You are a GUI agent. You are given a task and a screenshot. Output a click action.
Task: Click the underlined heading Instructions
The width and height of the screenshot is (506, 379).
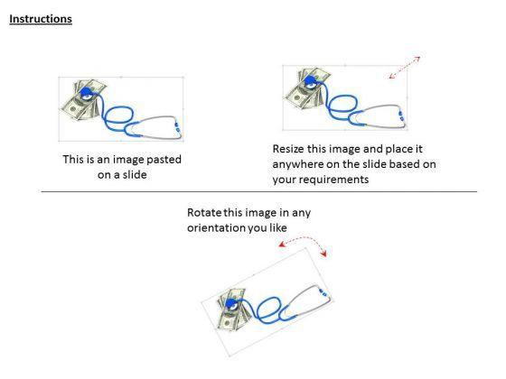[x=41, y=19]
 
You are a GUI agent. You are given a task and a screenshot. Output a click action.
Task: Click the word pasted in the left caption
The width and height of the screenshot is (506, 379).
[x=164, y=160]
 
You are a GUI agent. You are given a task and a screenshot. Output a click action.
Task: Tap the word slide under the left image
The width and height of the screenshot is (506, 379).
[x=135, y=175]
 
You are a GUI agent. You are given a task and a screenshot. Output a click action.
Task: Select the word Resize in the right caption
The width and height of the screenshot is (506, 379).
[x=288, y=149]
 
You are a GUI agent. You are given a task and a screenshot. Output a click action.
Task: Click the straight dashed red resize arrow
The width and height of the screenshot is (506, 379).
[x=405, y=68]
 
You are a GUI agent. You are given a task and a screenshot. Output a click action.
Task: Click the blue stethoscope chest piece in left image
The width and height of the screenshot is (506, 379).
[x=86, y=93]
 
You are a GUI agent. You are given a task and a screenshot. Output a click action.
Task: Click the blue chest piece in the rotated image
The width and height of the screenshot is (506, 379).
[x=231, y=303]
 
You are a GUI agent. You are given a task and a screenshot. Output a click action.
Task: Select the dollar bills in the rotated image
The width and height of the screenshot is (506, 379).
[x=231, y=309]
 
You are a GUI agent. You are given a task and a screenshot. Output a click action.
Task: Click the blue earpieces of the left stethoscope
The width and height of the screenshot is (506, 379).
[x=177, y=127]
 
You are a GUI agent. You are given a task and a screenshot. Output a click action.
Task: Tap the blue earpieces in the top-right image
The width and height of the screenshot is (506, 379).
[x=401, y=116]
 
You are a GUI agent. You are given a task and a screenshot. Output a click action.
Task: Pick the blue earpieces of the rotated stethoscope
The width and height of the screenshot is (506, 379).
[x=323, y=292]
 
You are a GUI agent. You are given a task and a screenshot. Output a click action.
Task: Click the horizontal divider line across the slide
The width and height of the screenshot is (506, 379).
[x=259, y=191]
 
